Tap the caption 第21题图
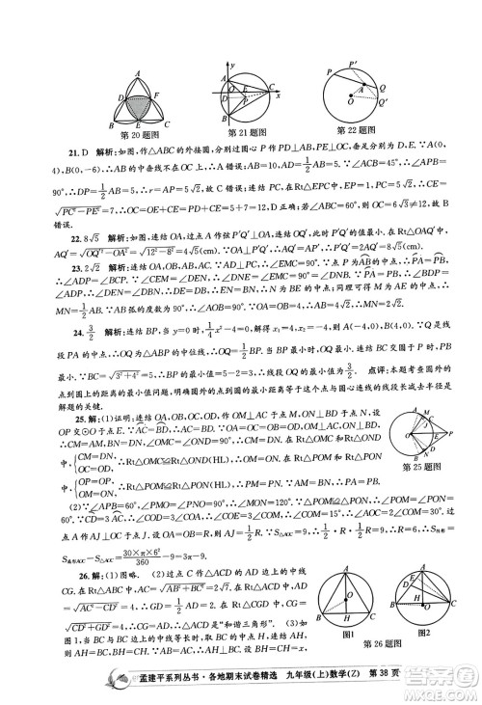pos(245,132)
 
